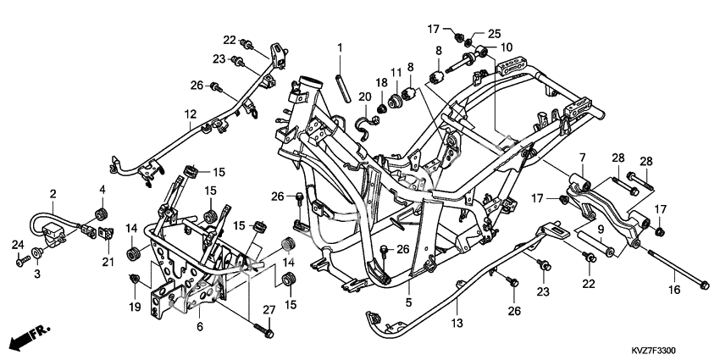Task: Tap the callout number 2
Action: pyautogui.click(x=53, y=194)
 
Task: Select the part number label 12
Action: pyautogui.click(x=191, y=113)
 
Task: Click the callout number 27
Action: pyautogui.click(x=269, y=309)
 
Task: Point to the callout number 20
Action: pyautogui.click(x=364, y=98)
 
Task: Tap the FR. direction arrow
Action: pyautogui.click(x=30, y=335)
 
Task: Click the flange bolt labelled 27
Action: pyautogui.click(x=268, y=334)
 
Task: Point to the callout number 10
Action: pyautogui.click(x=507, y=47)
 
